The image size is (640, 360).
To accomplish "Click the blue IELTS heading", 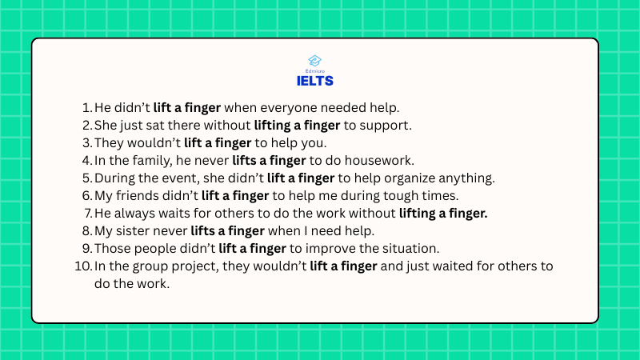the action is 314,81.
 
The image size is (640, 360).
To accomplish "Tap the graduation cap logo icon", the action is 314,61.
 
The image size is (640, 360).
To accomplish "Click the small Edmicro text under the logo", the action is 314,71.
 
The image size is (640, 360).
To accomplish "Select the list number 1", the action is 87,108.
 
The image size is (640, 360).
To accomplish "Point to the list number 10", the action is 83,266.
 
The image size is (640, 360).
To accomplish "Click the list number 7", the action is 89,214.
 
